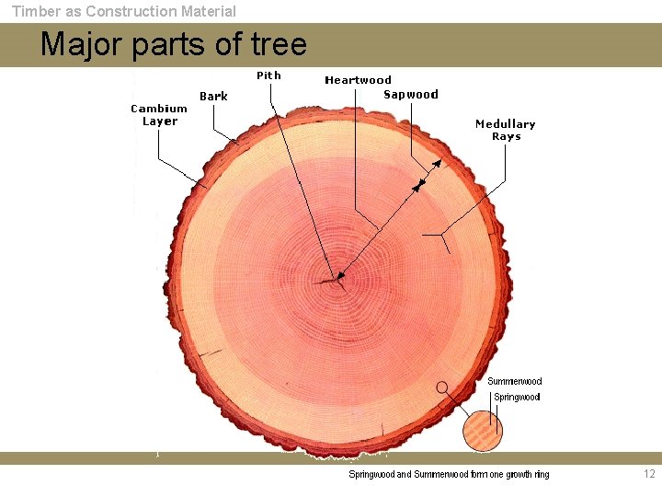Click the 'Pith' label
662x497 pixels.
[x=268, y=75]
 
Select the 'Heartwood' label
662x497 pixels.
[x=358, y=80]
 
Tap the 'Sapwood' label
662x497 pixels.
[x=410, y=95]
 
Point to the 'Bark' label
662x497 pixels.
[x=213, y=97]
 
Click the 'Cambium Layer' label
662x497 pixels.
[x=159, y=115]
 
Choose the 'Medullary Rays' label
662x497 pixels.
[x=505, y=130]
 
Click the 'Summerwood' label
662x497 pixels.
[x=514, y=381]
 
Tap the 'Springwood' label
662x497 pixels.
[x=517, y=398]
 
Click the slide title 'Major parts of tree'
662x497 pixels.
[x=174, y=44]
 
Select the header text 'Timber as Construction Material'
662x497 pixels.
[x=123, y=11]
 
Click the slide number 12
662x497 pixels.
[x=649, y=474]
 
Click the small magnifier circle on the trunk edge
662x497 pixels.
[x=442, y=387]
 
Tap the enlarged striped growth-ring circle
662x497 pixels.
[x=483, y=430]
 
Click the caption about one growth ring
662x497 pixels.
[x=449, y=475]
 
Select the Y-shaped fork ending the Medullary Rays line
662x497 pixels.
[x=444, y=234]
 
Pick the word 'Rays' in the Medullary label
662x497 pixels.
[x=506, y=136]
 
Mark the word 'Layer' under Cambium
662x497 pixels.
[x=159, y=121]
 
